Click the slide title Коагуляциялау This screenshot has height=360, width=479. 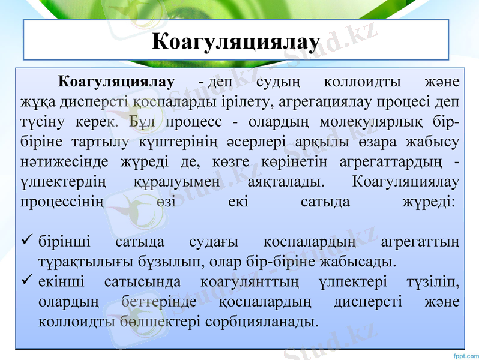click(x=235, y=41)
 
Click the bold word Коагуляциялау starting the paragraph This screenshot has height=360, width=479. click(x=115, y=81)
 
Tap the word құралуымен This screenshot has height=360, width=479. click(x=173, y=181)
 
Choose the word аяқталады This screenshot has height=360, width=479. click(x=281, y=181)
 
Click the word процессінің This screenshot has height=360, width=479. click(x=62, y=201)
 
